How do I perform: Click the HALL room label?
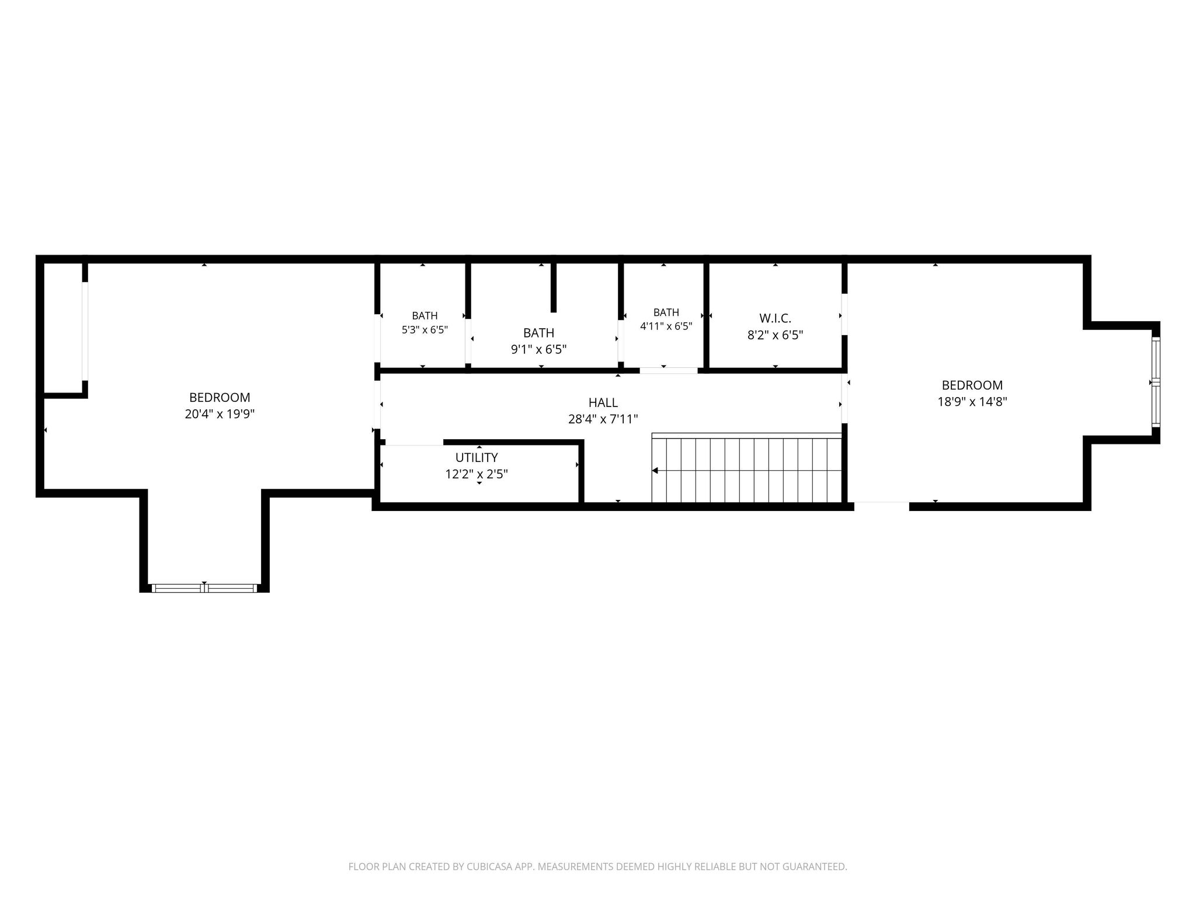pos(603,402)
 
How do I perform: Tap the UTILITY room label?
pos(477,457)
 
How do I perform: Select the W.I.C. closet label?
pos(775,318)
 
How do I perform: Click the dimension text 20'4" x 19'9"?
pos(220,414)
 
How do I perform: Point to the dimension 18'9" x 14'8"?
pos(972,402)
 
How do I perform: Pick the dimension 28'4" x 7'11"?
pos(603,419)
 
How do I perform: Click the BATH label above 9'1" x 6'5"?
pos(538,333)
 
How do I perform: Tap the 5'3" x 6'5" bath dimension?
pos(425,329)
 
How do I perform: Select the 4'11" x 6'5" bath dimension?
pos(666,326)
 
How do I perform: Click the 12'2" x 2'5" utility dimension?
pos(477,474)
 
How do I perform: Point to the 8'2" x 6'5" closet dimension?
pos(775,335)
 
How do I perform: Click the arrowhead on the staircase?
pos(655,470)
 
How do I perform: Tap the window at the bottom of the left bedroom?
pos(204,588)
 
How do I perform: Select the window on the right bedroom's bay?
pos(1156,382)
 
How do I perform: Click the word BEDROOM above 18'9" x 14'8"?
pos(972,385)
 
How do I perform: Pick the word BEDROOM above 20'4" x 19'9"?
pos(220,398)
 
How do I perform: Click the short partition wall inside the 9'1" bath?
pos(554,287)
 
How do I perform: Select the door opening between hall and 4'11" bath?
pos(669,370)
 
